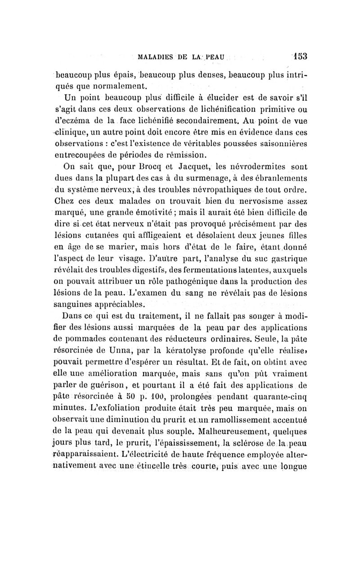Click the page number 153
(298, 57)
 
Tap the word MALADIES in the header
(156, 58)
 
